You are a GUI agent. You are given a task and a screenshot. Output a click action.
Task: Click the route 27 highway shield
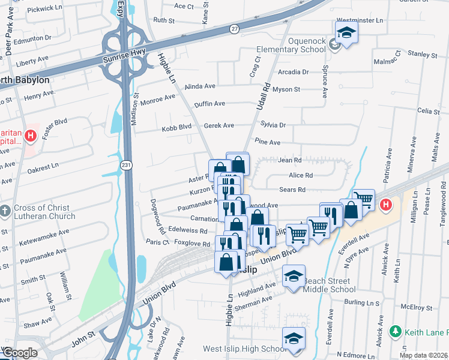[234, 28]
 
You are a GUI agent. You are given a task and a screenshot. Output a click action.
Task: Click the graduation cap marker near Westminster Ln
[346, 34]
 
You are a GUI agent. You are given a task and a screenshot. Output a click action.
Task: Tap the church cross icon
[5, 211]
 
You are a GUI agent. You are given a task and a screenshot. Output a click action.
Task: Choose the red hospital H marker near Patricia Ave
[385, 204]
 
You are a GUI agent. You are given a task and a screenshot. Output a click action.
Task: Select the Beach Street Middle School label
[329, 285]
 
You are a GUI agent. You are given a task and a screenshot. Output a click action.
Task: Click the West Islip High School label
[244, 349]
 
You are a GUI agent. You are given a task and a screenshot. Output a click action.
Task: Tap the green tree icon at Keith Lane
[395, 331]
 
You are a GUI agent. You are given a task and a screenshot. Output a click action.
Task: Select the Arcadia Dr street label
[294, 72]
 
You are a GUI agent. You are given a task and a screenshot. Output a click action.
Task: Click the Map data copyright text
[423, 355]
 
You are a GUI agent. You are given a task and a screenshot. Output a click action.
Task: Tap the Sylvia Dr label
[273, 125]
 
